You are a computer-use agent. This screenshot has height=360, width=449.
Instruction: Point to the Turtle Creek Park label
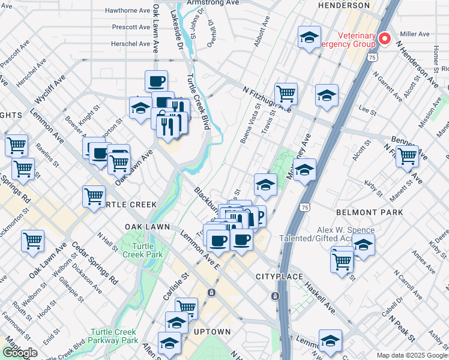[x=139, y=250]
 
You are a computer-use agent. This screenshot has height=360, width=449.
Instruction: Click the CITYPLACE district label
[x=277, y=277]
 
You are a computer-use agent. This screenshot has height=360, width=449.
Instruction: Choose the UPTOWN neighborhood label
[x=211, y=331]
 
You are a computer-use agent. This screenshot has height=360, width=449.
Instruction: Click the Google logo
[x=20, y=353]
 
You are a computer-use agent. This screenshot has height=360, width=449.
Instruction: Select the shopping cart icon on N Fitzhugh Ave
[x=286, y=94]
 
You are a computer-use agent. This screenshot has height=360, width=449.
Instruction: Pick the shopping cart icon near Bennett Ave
[x=407, y=155]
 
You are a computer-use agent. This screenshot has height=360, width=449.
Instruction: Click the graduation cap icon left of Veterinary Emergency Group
[x=309, y=38]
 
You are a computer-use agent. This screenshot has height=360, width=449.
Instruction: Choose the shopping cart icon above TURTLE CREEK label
[x=94, y=196]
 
